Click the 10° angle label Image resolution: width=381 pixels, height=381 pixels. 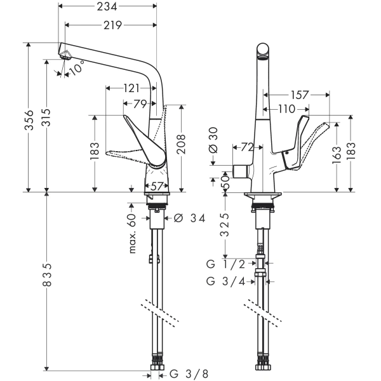[76, 67]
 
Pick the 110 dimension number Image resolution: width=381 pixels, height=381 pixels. [285, 109]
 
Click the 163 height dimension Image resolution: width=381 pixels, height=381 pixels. [335, 153]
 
